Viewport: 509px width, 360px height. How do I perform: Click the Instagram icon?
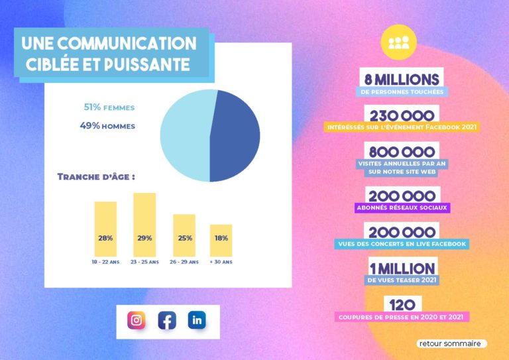(137, 321)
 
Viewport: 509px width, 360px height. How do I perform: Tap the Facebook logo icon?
(167, 321)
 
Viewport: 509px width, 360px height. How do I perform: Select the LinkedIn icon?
(197, 320)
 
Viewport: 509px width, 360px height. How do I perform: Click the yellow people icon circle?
(398, 42)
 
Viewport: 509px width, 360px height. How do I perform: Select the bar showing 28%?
(105, 229)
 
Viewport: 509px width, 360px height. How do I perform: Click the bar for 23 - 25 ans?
(144, 225)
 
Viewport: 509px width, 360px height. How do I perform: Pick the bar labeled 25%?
(184, 235)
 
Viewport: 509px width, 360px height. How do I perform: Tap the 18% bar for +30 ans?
(221, 241)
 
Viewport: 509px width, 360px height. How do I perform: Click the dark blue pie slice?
(236, 136)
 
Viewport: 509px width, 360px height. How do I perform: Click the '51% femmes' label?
(109, 107)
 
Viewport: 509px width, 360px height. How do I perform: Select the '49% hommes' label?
(107, 126)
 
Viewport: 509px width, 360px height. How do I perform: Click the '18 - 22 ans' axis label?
(105, 262)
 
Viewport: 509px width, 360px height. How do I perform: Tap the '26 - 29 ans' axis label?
(184, 262)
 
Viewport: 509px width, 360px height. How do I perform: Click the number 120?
(402, 305)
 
